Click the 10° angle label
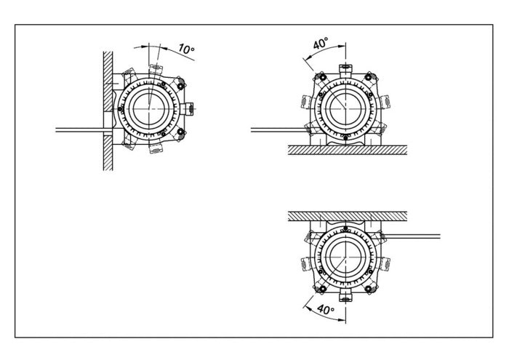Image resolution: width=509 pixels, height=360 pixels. click(186, 49)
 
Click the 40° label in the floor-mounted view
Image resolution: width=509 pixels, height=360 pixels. click(321, 43)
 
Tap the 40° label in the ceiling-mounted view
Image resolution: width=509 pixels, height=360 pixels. click(326, 309)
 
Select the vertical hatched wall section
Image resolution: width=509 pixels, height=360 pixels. click(108, 111)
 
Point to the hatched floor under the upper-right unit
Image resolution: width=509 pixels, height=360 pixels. click(348, 150)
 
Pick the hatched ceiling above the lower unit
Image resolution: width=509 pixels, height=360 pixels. click(348, 216)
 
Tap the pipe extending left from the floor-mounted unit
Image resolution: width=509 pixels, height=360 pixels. click(280, 130)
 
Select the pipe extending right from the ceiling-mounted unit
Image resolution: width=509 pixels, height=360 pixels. click(412, 236)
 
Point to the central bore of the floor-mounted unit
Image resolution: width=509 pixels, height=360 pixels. click(345, 109)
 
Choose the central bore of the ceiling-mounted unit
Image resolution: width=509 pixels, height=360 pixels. click(345, 257)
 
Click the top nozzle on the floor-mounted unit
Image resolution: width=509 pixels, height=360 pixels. click(345, 69)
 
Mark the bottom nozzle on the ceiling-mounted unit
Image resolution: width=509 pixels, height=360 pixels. click(345, 297)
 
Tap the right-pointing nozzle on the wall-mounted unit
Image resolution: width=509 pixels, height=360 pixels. click(188, 108)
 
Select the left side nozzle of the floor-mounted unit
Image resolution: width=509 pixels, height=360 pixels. click(306, 102)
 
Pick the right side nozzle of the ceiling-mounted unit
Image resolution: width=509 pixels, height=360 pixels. click(385, 264)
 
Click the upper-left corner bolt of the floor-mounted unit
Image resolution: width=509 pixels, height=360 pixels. click(323, 77)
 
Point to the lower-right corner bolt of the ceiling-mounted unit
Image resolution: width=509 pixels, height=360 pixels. click(368, 289)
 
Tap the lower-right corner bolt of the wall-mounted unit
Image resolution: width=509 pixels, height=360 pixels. click(180, 132)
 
